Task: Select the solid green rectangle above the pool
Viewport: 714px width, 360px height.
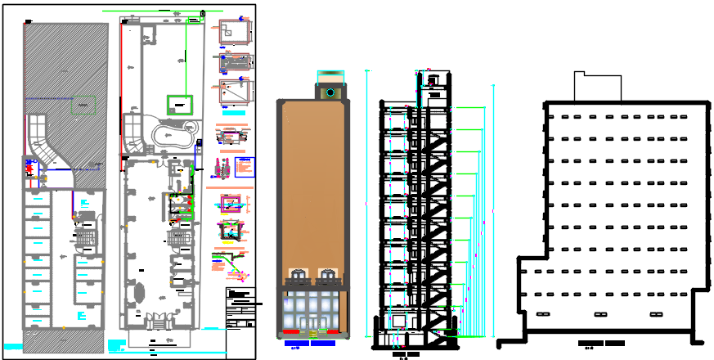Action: [x=180, y=104]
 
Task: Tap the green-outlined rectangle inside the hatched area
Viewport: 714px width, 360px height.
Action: [x=82, y=105]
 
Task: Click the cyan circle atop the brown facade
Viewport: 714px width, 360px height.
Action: [x=330, y=92]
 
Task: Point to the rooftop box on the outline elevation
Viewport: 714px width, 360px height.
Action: [x=600, y=87]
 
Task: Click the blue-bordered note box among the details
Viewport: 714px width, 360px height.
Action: [x=245, y=167]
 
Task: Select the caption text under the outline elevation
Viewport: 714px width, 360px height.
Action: [x=601, y=344]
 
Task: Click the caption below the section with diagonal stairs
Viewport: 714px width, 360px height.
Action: [x=406, y=355]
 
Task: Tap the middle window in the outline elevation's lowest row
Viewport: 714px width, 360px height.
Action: [x=599, y=314]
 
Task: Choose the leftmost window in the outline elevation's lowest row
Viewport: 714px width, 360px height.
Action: [x=541, y=314]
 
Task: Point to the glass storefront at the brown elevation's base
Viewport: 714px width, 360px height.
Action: [x=311, y=311]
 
